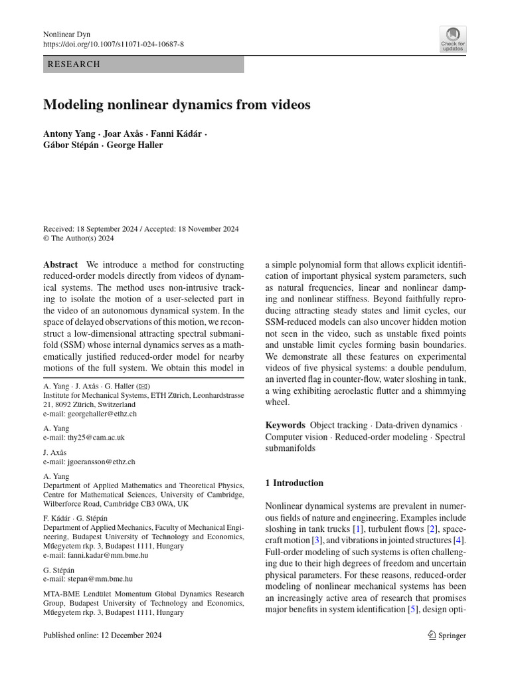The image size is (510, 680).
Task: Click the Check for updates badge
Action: click(x=453, y=39)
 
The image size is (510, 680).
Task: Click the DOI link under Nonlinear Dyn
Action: click(x=114, y=44)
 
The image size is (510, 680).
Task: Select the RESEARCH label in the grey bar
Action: click(x=73, y=64)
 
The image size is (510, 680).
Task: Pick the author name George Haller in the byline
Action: click(x=135, y=145)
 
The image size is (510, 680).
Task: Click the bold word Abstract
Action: click(x=60, y=264)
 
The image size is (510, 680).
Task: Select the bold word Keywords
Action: click(x=286, y=425)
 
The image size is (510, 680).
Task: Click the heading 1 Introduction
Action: click(x=294, y=483)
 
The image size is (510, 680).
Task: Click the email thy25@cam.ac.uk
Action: click(x=95, y=438)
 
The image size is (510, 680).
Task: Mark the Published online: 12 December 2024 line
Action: click(x=102, y=636)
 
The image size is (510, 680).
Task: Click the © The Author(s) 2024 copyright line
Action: click(x=78, y=238)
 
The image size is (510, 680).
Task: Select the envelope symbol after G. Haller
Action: click(x=143, y=386)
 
